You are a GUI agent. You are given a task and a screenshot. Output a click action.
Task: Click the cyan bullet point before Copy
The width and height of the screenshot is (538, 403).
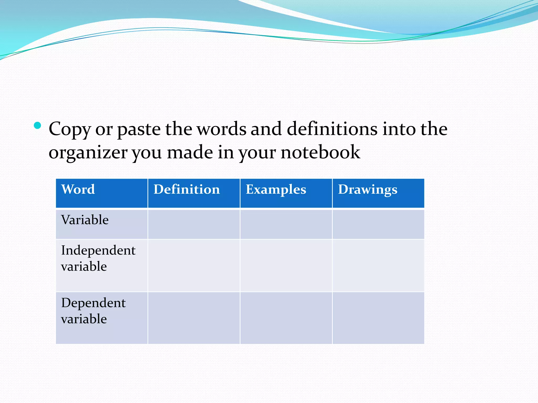pyautogui.click(x=38, y=125)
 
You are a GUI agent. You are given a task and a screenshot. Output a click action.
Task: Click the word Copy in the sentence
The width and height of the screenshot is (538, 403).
pyautogui.click(x=70, y=129)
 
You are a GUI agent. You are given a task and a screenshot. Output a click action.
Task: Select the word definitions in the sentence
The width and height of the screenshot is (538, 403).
pyautogui.click(x=332, y=129)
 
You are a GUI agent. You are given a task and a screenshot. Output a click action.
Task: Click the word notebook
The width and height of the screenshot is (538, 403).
pyautogui.click(x=320, y=152)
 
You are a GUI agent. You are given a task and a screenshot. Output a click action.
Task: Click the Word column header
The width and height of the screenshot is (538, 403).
pyautogui.click(x=78, y=189)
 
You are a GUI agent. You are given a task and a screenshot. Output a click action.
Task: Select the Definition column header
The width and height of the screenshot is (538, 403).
pyautogui.click(x=187, y=189)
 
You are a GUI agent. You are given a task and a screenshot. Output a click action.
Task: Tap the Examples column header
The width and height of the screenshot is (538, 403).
pyautogui.click(x=276, y=189)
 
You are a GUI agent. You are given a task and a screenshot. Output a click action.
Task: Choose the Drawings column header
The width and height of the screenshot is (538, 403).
pyautogui.click(x=368, y=189)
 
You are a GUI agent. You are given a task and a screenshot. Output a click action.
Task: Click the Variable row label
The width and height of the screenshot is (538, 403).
pyautogui.click(x=85, y=220)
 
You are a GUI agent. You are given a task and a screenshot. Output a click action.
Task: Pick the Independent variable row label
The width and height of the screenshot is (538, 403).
pyautogui.click(x=98, y=258)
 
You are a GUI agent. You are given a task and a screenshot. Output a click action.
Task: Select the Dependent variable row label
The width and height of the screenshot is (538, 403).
pyautogui.click(x=93, y=311)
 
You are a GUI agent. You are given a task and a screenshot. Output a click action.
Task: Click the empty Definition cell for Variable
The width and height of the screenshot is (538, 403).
pyautogui.click(x=194, y=224)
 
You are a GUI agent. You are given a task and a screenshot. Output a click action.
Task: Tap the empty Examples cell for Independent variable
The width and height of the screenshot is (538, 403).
pyautogui.click(x=286, y=266)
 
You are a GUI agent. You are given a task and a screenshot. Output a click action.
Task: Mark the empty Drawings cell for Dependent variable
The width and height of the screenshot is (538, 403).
pyautogui.click(x=378, y=318)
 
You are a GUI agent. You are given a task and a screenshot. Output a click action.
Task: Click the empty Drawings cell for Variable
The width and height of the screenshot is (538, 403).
pyautogui.click(x=378, y=224)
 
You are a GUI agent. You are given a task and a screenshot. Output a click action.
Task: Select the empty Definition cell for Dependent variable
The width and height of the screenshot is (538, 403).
pyautogui.click(x=194, y=318)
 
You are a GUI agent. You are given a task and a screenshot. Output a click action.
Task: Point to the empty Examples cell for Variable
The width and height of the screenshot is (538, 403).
pyautogui.click(x=286, y=224)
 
